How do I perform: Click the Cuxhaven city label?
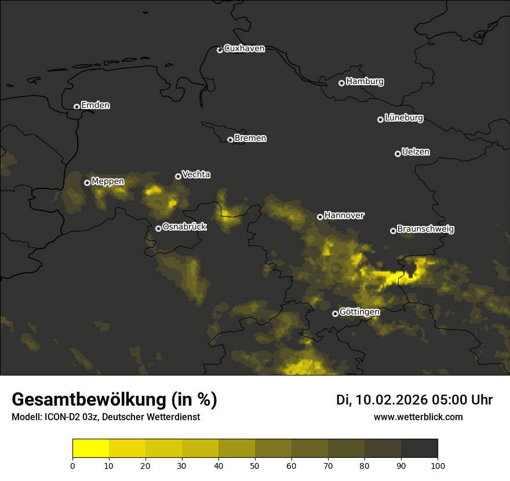(244, 49)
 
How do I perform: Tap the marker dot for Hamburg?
(341, 83)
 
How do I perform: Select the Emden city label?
(95, 105)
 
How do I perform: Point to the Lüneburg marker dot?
(380, 119)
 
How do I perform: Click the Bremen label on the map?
(250, 139)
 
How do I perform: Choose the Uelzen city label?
(416, 152)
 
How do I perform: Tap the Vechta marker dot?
(178, 176)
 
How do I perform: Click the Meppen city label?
(108, 181)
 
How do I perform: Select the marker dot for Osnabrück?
(158, 228)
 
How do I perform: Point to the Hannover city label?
(344, 216)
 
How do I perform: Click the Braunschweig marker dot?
(393, 231)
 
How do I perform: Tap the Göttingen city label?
(359, 312)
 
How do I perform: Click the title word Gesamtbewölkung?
(89, 400)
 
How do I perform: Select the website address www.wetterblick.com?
(418, 417)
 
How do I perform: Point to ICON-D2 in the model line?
(61, 417)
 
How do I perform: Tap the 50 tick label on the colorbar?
(255, 465)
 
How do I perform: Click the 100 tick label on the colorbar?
(438, 465)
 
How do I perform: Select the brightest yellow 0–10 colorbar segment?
(90, 449)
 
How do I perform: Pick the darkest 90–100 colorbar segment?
(419, 449)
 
